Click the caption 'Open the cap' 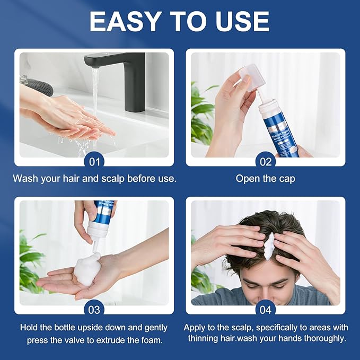coord(265,179)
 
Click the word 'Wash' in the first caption coord(25,179)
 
